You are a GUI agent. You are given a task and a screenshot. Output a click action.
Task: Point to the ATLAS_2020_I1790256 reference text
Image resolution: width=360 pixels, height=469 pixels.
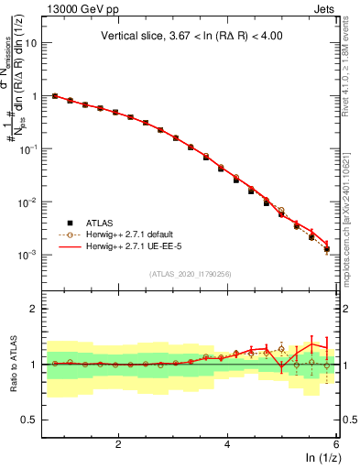(191, 274)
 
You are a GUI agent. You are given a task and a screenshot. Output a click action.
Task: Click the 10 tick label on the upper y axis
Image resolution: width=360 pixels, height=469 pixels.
(30, 42)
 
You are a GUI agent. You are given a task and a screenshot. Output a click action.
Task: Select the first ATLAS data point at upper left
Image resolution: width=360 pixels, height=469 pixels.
(55, 96)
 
